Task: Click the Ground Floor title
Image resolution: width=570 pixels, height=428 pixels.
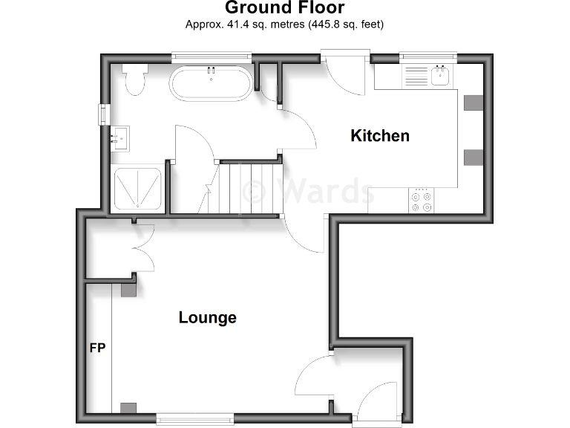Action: tap(284, 8)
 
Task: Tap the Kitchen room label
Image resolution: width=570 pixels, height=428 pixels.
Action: tap(380, 135)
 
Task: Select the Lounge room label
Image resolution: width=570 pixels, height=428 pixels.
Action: tap(207, 317)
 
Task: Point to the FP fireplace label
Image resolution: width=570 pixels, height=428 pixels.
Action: tap(96, 347)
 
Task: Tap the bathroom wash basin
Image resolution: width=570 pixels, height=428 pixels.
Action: tap(120, 138)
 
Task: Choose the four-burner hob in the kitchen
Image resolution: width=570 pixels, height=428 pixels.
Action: tap(423, 200)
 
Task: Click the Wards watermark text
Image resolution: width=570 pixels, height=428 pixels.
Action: tap(309, 191)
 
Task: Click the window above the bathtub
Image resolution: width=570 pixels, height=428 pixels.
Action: tap(211, 55)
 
